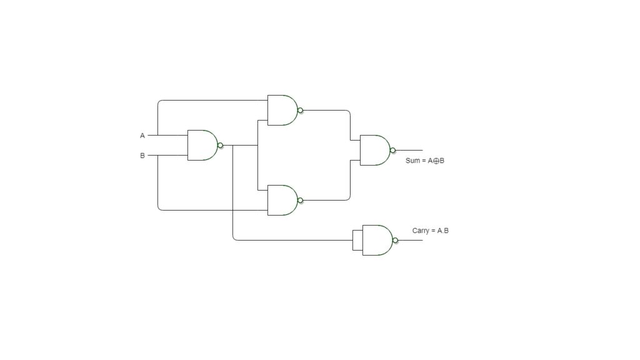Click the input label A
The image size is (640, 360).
142,136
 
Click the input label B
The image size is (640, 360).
142,156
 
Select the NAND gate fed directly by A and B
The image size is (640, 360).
205,145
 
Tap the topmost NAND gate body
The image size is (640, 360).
285,110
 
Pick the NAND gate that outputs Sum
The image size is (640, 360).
377,150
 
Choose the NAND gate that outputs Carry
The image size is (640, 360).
379,240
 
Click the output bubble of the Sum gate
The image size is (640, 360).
392,151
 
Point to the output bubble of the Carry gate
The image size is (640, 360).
395,241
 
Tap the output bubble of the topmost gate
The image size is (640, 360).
301,110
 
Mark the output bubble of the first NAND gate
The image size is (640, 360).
221,145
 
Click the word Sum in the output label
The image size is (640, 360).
412,161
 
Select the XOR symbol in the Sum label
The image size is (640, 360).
436,161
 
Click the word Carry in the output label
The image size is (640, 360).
421,231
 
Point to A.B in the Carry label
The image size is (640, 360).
443,231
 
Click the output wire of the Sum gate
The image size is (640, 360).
409,151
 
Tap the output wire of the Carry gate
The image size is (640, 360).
410,241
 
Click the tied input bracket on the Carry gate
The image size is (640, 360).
357,241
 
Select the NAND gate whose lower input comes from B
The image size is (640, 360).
285,200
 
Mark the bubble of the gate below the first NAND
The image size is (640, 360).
301,201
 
